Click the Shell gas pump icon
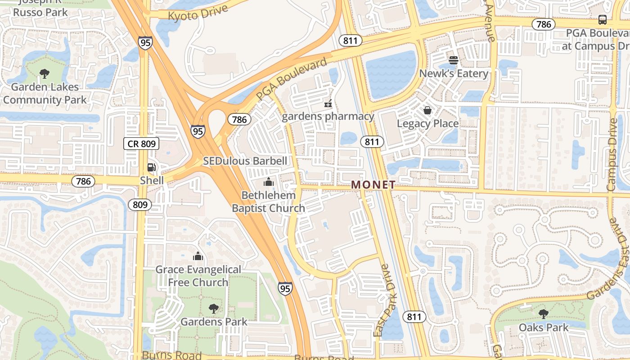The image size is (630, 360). click(x=152, y=167)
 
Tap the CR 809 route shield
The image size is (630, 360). click(x=141, y=144)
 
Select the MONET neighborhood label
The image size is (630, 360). click(x=373, y=184)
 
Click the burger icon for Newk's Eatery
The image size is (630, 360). click(x=454, y=60)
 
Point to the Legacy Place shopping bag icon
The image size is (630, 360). click(x=427, y=110)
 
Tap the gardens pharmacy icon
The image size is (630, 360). click(x=328, y=104)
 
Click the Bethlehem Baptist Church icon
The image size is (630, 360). click(x=269, y=182)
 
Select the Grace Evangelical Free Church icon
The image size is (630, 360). click(x=198, y=256)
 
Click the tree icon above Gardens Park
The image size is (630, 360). click(x=214, y=309)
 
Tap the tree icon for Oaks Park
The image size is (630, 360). click(x=544, y=314)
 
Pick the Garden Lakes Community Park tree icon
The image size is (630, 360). click(x=45, y=74)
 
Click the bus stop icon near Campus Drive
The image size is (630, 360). click(x=602, y=20)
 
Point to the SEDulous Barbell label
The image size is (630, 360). click(x=245, y=161)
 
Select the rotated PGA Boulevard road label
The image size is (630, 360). click(x=292, y=80)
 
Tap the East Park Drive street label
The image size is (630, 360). click(x=383, y=300)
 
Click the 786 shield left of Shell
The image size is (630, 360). click(x=83, y=181)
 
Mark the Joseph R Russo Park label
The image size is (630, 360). click(x=40, y=8)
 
